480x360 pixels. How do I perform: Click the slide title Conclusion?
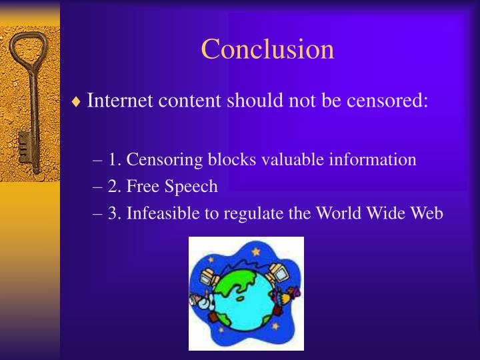[267, 49]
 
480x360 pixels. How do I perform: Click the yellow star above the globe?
[255, 251]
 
